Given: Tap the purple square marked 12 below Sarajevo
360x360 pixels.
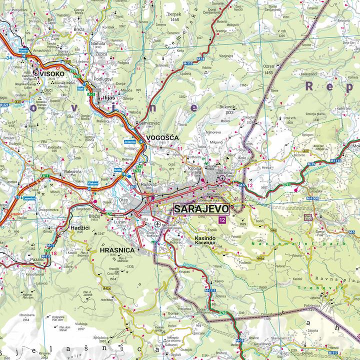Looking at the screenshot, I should point(221,220).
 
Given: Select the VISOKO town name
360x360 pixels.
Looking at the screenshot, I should point(52,73).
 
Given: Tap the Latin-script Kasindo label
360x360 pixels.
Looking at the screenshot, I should point(205,240).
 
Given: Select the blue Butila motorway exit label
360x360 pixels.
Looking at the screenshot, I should point(118,170).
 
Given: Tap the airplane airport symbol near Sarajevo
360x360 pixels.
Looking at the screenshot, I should point(159,224).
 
